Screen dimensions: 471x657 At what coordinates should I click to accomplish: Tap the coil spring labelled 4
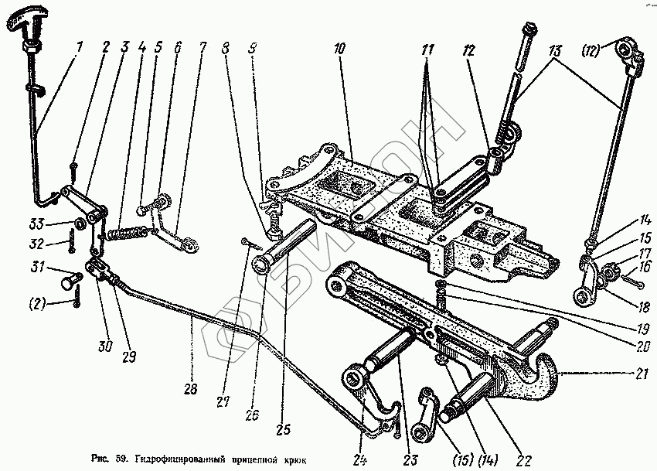126,231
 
